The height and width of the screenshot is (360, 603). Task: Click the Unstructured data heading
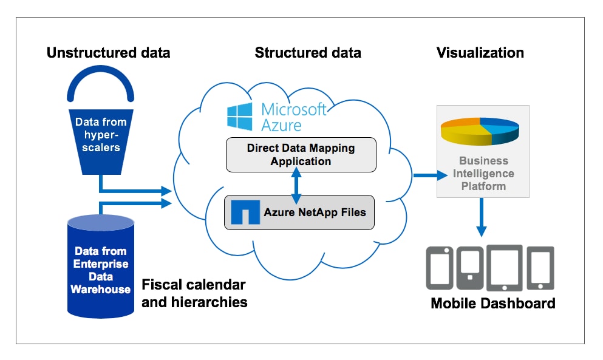(x=108, y=53)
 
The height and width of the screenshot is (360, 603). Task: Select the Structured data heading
(x=308, y=53)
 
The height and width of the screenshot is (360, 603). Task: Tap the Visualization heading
(x=480, y=53)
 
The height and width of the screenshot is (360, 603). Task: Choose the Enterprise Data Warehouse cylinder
(x=100, y=267)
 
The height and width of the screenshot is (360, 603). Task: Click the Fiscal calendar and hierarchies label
(x=194, y=293)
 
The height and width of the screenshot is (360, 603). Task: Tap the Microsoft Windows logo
(x=239, y=117)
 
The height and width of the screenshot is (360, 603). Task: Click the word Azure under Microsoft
(x=281, y=125)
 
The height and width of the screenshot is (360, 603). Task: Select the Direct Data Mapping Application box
(x=301, y=154)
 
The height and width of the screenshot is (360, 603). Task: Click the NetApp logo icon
(x=243, y=212)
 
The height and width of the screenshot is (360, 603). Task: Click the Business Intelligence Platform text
(x=483, y=174)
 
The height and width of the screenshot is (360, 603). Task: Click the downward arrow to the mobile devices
(x=482, y=218)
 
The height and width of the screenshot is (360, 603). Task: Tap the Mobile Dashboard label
(x=492, y=303)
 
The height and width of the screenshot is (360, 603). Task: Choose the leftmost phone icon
(x=440, y=268)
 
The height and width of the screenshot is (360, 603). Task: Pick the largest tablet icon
(x=504, y=268)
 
